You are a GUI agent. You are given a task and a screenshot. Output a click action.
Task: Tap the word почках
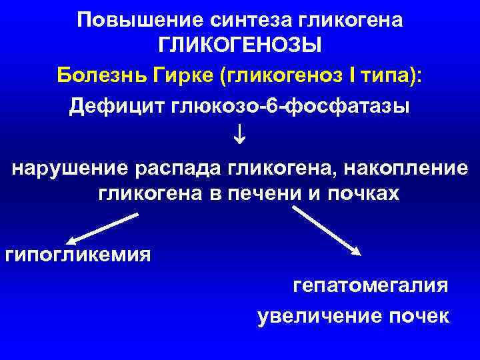tap(360, 194)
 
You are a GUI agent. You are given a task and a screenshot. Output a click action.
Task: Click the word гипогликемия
tap(77, 255)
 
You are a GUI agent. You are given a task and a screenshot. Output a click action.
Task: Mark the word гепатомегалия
tap(371, 286)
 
